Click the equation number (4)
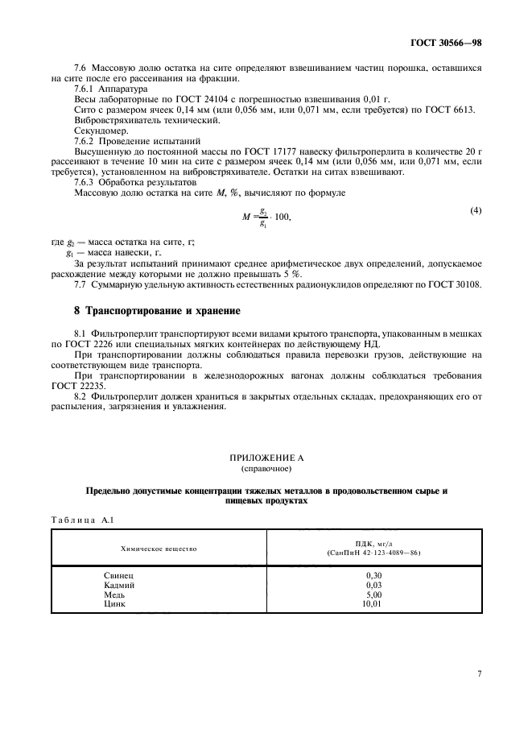pos(476,211)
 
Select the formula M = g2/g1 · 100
pos(266,217)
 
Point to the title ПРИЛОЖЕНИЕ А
pos(266,458)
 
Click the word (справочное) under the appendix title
pos(266,467)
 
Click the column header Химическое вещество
pos(159,548)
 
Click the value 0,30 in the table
pos(373,577)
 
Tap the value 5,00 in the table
pos(373,594)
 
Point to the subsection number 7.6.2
pos(86,139)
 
